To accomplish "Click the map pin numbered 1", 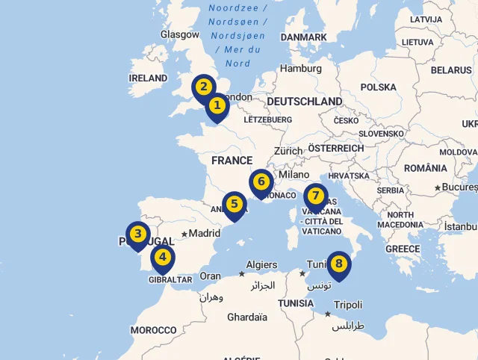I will click(x=217, y=106).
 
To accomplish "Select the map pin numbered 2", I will click(x=203, y=87).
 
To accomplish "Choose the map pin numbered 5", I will click(x=235, y=204).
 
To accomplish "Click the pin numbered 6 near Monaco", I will click(x=261, y=181).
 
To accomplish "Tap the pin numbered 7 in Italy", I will click(x=316, y=196).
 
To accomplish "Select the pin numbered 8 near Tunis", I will click(x=339, y=264).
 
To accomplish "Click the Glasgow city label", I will click(x=180, y=34).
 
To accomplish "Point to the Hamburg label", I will click(x=301, y=69).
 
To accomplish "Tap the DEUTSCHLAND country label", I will click(x=304, y=102).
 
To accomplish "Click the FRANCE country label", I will click(x=232, y=161).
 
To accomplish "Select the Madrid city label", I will click(x=204, y=233).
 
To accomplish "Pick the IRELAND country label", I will click(x=148, y=78).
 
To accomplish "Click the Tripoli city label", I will click(x=348, y=305).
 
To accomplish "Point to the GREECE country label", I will click(x=403, y=249).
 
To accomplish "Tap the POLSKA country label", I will click(x=378, y=87).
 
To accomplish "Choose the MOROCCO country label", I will click(x=153, y=330).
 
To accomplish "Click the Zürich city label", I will click(x=288, y=151).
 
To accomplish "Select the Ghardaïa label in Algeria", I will click(x=247, y=317).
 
